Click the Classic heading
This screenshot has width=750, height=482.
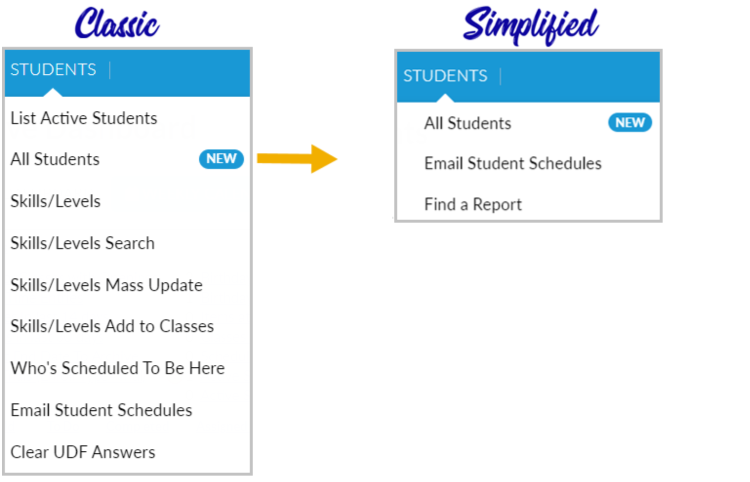[117, 23]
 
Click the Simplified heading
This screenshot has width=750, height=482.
[531, 25]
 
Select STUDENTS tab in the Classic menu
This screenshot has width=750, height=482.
[53, 70]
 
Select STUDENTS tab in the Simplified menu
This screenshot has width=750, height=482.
[446, 76]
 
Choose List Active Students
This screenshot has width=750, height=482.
[84, 118]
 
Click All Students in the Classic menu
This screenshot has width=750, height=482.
[55, 159]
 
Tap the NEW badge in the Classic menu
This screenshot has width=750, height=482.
[222, 159]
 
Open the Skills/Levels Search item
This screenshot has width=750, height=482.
[82, 243]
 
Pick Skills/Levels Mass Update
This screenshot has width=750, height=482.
[106, 285]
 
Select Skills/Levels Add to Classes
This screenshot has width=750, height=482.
[112, 326]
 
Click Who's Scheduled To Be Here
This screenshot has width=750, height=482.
[118, 368]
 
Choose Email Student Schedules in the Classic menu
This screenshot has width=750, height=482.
[101, 410]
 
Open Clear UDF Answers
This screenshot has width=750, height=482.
[82, 452]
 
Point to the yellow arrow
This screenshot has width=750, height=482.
[297, 159]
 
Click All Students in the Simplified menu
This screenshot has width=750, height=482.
[468, 124]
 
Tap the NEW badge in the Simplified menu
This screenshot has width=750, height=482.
[630, 123]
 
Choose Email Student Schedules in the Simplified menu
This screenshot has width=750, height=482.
[513, 164]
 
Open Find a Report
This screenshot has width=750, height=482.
[473, 205]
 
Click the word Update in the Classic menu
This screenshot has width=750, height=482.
[176, 286]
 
